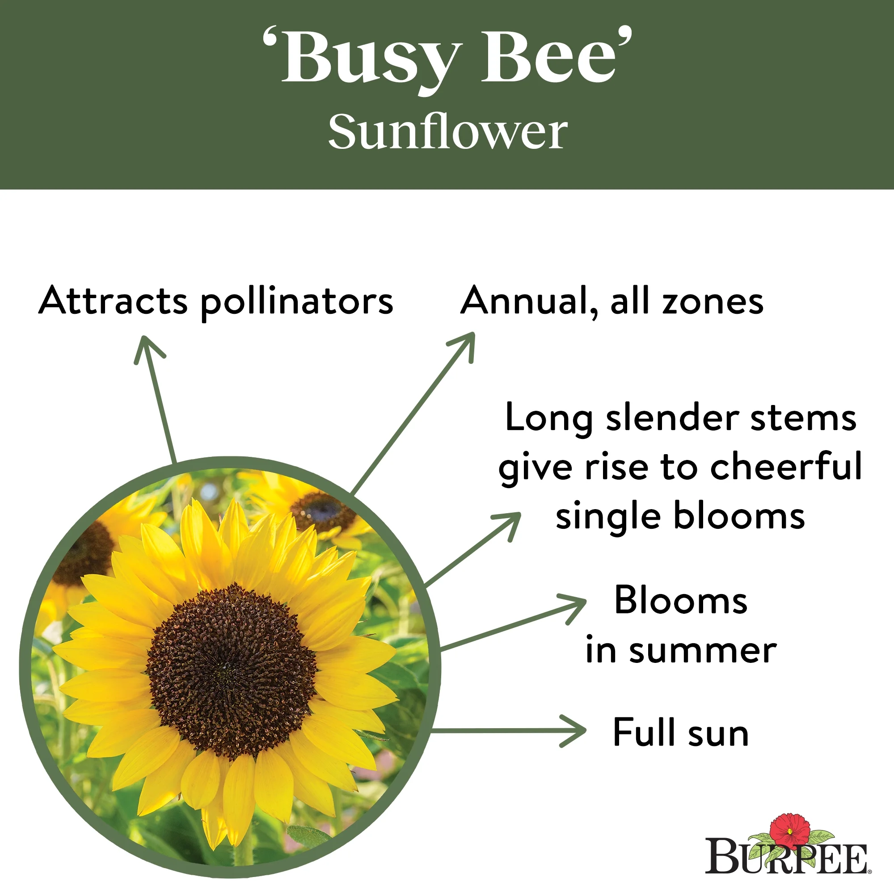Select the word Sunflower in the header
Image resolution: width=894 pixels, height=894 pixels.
[x=447, y=132]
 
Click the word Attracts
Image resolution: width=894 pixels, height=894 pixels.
[x=114, y=301]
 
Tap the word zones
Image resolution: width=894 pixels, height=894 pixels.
[x=713, y=302]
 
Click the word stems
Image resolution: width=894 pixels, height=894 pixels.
[x=803, y=419]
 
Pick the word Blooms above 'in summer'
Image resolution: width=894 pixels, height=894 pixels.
[x=681, y=601]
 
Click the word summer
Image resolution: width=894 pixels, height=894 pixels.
[x=703, y=651]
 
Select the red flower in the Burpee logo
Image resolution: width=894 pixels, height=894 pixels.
[x=790, y=832]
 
